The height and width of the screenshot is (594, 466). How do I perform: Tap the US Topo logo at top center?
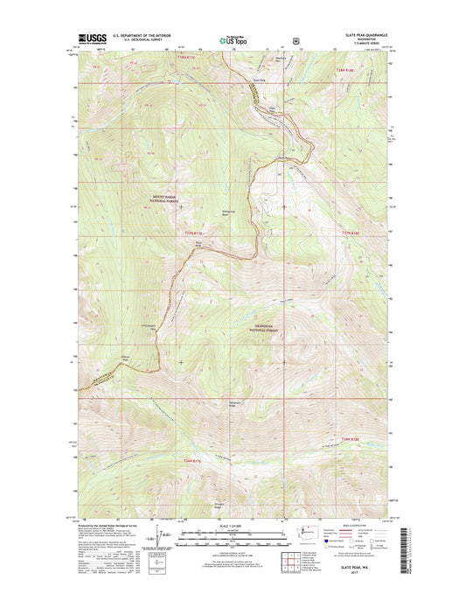coord(233,38)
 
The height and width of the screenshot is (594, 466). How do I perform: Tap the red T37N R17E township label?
coord(193,234)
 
